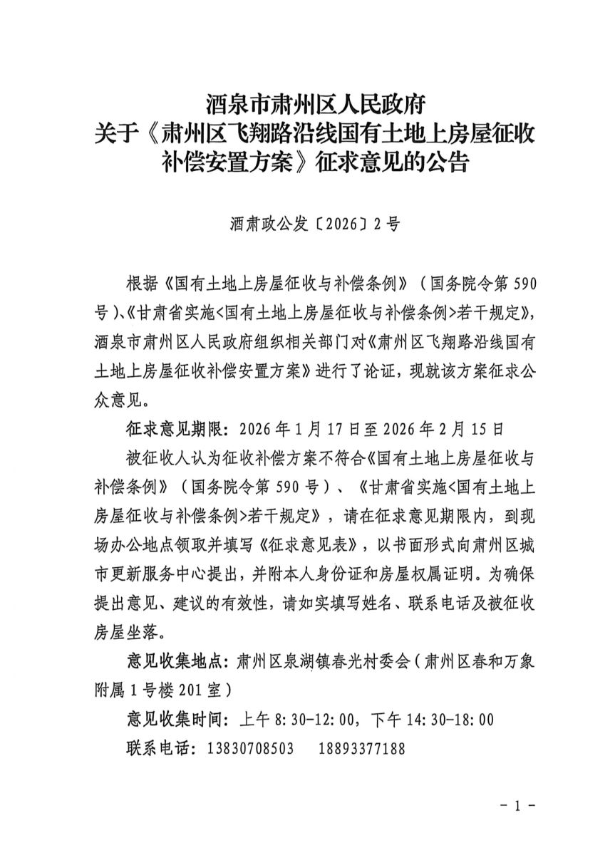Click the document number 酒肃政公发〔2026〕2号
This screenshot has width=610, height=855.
(x=316, y=224)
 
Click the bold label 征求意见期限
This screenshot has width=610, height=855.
(x=172, y=430)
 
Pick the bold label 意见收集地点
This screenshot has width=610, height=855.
(x=172, y=660)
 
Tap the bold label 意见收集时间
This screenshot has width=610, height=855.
(x=172, y=720)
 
